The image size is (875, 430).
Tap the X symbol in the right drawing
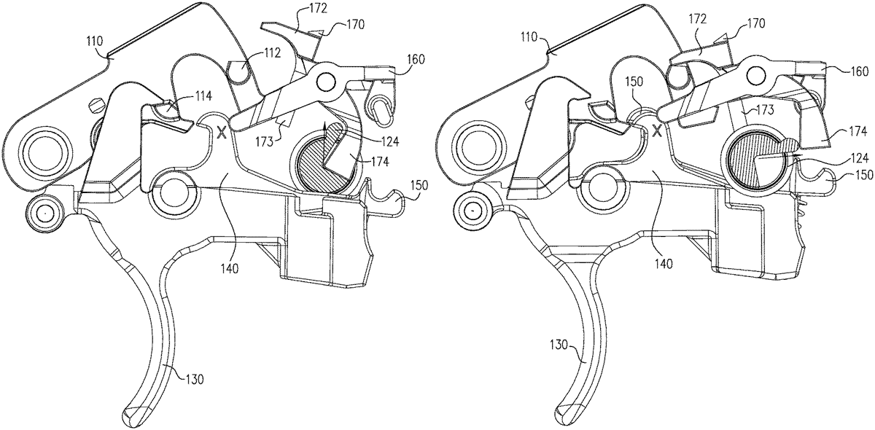(x=657, y=130)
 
